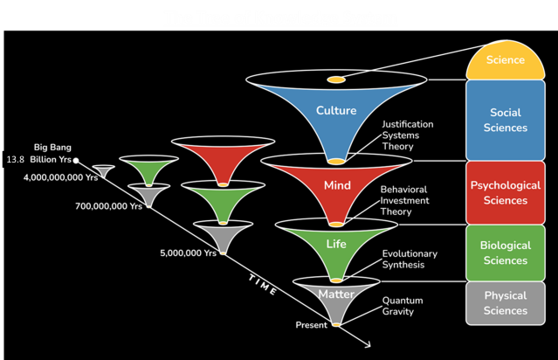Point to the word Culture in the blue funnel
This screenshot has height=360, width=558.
click(335, 111)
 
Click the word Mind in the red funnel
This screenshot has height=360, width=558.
click(336, 186)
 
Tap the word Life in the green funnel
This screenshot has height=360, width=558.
click(336, 244)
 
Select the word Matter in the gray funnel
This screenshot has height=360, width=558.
click(336, 294)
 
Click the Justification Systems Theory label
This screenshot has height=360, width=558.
click(407, 135)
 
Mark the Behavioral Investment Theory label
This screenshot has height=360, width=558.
click(407, 200)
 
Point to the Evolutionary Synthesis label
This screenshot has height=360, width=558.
click(410, 259)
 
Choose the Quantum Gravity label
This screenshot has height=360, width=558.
click(403, 306)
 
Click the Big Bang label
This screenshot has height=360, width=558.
click(52, 147)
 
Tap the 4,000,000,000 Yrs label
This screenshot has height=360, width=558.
click(60, 177)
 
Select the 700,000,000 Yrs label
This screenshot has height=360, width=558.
click(109, 206)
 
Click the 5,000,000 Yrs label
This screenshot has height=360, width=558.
click(188, 253)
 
